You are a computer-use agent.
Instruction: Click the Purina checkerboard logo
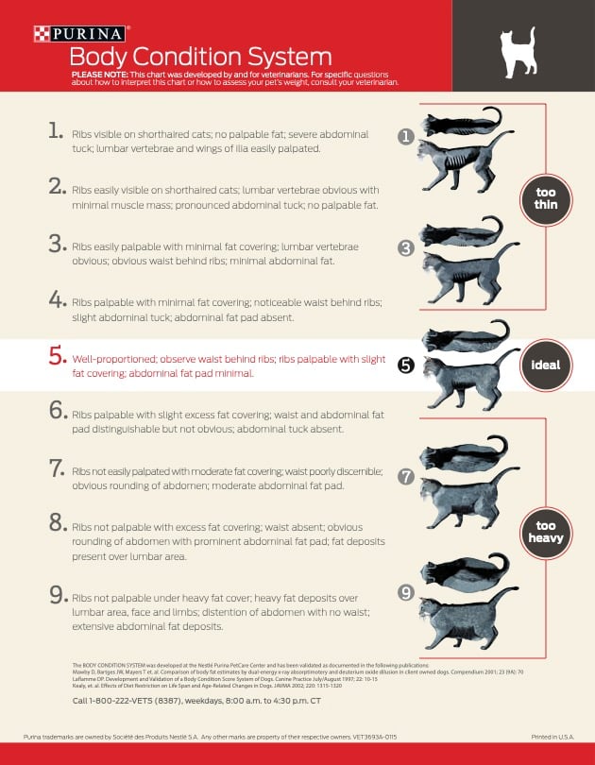click(x=41, y=34)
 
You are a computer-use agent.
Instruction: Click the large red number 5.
click(x=57, y=357)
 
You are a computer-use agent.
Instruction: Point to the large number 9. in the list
click(x=57, y=596)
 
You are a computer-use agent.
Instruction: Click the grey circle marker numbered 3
click(x=406, y=248)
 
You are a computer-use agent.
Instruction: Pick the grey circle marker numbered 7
click(x=406, y=476)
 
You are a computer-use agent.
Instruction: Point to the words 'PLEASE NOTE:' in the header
click(x=100, y=74)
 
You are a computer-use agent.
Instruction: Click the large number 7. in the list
click(x=57, y=467)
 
